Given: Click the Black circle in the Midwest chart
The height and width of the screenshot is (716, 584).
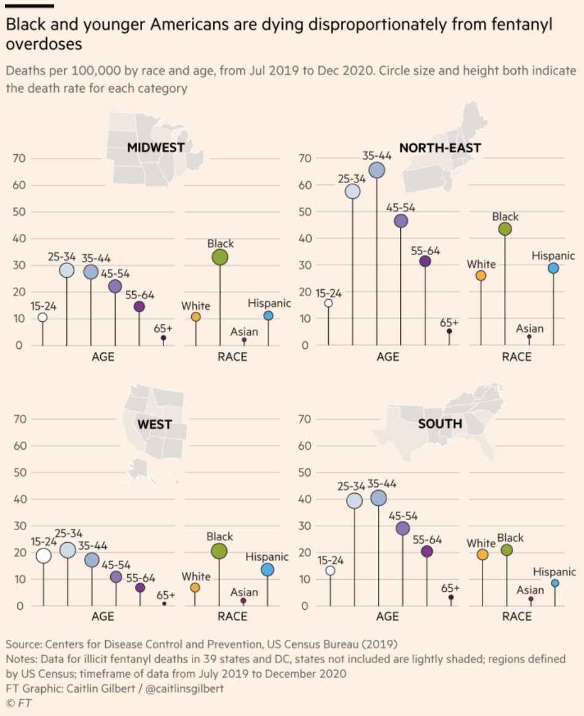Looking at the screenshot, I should (220, 257).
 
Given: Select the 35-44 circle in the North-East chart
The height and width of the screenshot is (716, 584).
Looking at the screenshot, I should (377, 170).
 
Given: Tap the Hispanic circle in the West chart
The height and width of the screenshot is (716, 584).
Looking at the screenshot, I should (267, 570).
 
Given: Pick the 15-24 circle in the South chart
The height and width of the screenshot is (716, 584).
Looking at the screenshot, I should (330, 570).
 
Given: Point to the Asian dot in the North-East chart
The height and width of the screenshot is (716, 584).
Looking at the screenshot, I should (529, 337).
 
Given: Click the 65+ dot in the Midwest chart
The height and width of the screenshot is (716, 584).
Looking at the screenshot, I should (164, 338).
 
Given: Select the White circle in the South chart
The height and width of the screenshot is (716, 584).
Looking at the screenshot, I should (482, 555).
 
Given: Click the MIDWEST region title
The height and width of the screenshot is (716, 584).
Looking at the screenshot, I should (156, 147).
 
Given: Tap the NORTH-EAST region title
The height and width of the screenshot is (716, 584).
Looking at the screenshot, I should (440, 147).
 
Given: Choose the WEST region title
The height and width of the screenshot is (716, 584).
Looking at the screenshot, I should (154, 424).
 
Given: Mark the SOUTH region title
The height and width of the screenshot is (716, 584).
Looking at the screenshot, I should (440, 424).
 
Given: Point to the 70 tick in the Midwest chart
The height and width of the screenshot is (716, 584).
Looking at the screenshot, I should (20, 158).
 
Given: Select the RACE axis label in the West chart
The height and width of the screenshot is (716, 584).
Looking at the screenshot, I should (232, 617).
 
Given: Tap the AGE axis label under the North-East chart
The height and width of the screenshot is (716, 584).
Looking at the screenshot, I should (388, 357).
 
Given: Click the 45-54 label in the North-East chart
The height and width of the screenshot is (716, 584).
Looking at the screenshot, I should (401, 208).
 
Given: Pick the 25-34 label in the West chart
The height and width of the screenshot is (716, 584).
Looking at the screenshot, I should (68, 534).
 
